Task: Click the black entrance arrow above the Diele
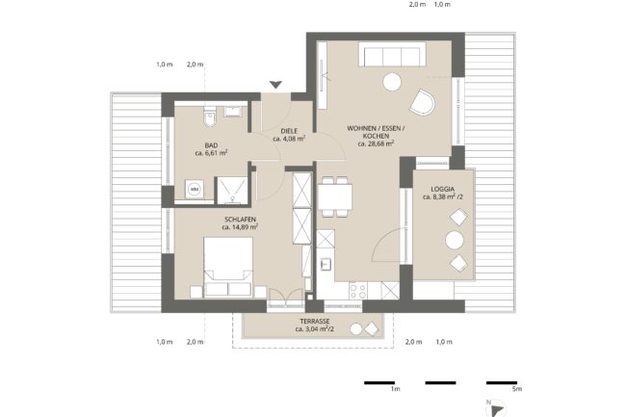275,84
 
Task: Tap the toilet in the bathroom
209,116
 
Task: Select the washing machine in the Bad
195,189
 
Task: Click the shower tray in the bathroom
232,191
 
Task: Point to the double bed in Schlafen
228,267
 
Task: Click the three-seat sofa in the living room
392,54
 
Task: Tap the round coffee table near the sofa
392,82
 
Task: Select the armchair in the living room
422,102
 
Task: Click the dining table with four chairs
335,196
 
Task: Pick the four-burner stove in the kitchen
357,291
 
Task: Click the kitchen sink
326,264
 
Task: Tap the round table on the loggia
455,241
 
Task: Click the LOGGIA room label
442,189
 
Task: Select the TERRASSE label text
315,322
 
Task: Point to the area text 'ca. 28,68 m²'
376,143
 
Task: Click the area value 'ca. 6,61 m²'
211,152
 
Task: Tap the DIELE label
289,131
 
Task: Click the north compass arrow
498,410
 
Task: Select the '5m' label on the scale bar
517,389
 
